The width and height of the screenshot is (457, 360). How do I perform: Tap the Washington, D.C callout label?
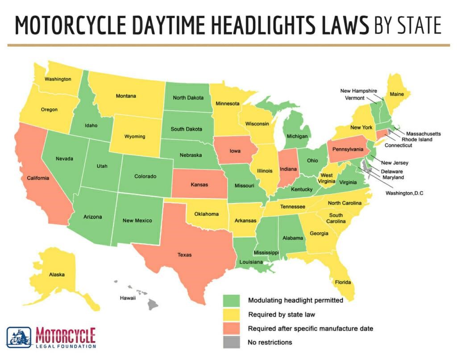pos(405,193)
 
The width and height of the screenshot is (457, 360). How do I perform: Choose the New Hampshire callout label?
pos(358,91)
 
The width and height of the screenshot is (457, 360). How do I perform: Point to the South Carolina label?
pos(336,219)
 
